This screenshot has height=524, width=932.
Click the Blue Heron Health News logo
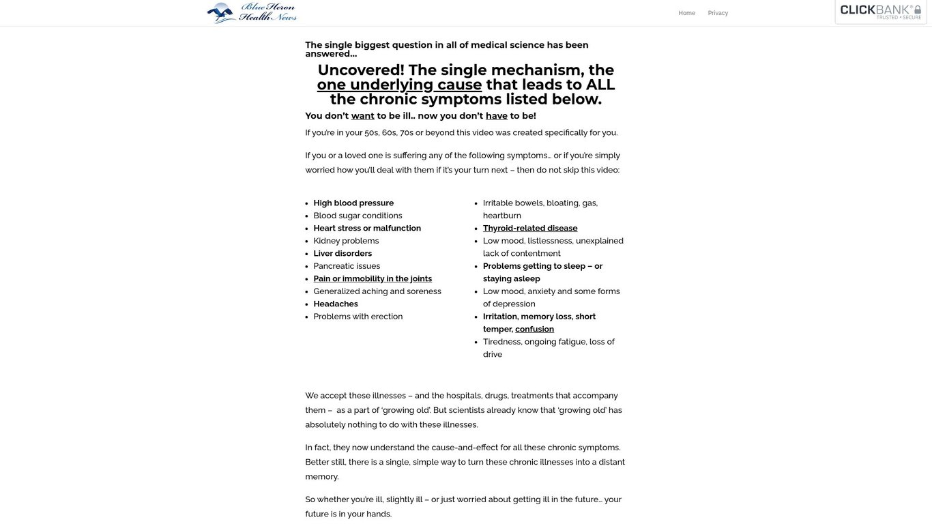point(252,12)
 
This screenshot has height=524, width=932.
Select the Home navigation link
point(686,13)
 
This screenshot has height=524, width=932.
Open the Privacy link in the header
point(718,13)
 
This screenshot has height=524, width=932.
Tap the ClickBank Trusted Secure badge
point(880,12)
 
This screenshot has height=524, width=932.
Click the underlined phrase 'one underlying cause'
point(399,85)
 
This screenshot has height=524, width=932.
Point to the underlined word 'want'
point(362,116)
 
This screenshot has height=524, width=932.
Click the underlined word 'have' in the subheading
point(496,116)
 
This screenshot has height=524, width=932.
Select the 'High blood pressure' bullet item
point(353,203)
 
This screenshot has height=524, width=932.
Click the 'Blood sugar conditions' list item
point(358,216)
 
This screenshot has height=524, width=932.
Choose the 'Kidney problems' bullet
point(346,241)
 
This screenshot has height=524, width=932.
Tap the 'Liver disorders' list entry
point(343,254)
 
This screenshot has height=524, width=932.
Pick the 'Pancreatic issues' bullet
point(347,266)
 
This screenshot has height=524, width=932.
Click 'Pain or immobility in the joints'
point(373,279)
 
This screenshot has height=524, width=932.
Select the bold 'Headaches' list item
point(336,304)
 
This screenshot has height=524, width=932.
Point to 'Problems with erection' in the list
point(358,317)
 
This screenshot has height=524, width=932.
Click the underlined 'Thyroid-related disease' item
point(530,229)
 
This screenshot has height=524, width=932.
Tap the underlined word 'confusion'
point(534,330)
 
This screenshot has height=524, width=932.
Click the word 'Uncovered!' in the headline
point(361,70)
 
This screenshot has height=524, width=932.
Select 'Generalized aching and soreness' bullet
point(377,291)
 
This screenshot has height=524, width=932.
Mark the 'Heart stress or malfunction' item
point(367,229)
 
